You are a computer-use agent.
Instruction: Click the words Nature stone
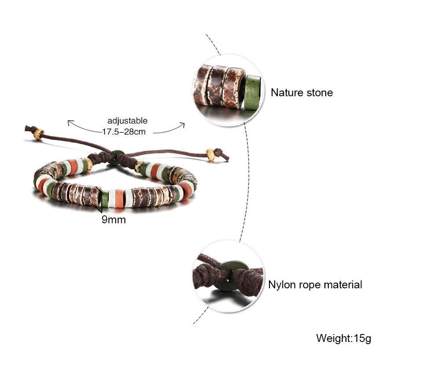(x=302, y=93)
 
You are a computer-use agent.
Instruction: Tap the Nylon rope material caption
(x=315, y=284)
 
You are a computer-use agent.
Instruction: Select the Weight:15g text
(x=343, y=338)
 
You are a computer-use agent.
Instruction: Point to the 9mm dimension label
(x=114, y=219)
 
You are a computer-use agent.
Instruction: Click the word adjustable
(x=127, y=121)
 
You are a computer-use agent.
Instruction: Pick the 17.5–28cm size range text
(x=124, y=131)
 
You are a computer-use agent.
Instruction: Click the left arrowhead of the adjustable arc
(x=69, y=122)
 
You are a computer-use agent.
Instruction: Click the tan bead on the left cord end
(x=38, y=134)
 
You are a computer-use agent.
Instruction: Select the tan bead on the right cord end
(x=211, y=155)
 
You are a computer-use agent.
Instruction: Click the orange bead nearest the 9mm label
(x=120, y=198)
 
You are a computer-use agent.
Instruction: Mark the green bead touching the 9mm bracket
(x=105, y=198)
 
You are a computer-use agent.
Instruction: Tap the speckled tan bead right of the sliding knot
(x=138, y=167)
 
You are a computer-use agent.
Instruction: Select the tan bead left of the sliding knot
(x=89, y=165)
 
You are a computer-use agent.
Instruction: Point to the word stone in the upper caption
(x=319, y=93)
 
